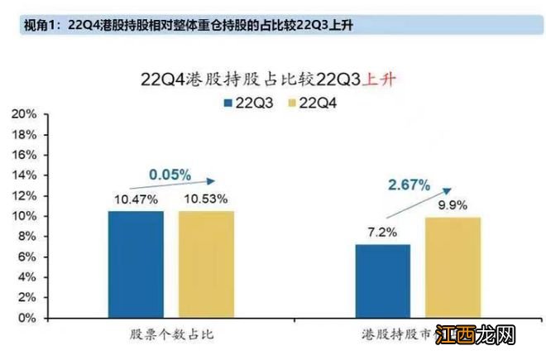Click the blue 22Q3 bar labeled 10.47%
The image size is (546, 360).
(136, 264)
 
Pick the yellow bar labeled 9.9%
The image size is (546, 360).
(452, 267)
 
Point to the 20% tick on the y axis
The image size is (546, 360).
(25, 113)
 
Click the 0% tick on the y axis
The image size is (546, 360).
(28, 318)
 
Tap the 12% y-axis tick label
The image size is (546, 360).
(25, 195)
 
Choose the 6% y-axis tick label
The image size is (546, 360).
(28, 257)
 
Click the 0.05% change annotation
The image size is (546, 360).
(170, 175)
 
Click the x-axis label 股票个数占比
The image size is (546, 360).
(169, 334)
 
